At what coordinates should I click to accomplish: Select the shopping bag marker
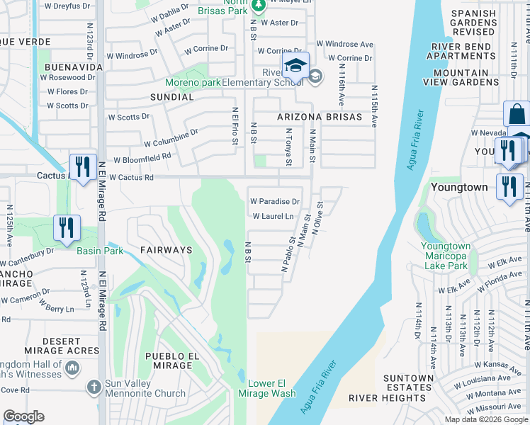click(517, 114)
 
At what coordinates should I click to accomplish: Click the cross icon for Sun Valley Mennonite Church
click(94, 387)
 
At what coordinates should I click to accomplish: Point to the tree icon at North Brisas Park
click(259, 4)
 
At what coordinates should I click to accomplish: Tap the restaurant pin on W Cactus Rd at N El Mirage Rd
click(83, 167)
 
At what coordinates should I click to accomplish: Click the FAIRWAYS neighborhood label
click(166, 250)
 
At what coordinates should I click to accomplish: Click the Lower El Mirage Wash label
click(271, 388)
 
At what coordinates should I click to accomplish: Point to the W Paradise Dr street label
click(274, 202)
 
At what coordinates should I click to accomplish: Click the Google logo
click(24, 416)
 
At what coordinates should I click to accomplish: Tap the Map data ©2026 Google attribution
click(486, 419)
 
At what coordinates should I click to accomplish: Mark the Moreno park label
click(193, 83)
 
